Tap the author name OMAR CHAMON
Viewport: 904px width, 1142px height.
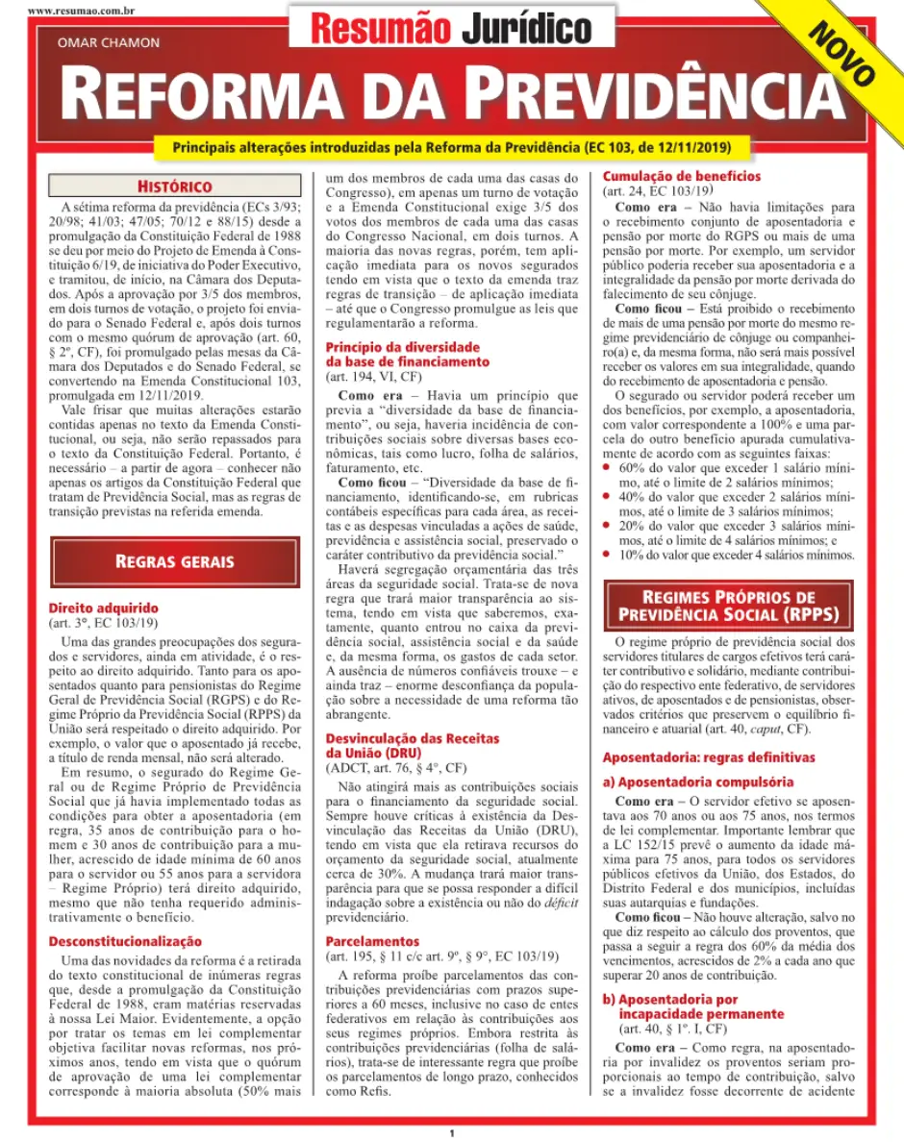109,42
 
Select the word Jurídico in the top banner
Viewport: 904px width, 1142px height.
526,30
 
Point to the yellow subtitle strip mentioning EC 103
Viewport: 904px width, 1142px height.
451,147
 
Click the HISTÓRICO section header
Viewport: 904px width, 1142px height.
174,186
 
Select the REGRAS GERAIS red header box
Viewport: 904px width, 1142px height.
174,561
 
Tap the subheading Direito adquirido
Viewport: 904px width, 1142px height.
103,608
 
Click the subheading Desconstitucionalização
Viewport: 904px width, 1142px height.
125,941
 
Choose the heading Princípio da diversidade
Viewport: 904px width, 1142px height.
402,347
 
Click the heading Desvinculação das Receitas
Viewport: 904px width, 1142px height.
412,738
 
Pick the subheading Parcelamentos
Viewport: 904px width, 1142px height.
372,941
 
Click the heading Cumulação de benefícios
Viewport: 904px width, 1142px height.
681,176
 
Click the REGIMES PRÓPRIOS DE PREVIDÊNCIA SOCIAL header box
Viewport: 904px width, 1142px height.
728,606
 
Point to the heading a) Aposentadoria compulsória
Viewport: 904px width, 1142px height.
698,782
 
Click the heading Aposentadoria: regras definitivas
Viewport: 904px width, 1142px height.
709,757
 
